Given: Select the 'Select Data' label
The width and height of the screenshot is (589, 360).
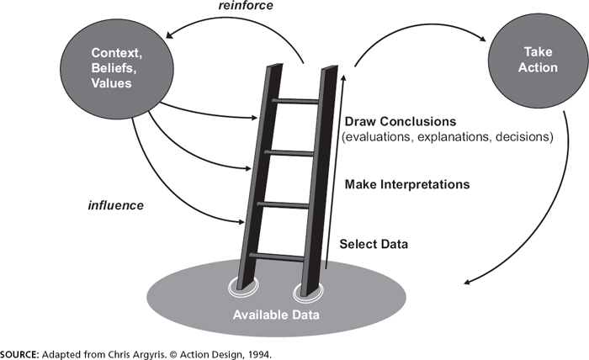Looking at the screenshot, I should click(x=374, y=245).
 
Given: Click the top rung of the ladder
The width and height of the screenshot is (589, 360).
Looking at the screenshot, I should click(x=294, y=101).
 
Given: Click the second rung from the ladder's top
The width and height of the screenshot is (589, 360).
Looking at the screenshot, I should click(x=289, y=153).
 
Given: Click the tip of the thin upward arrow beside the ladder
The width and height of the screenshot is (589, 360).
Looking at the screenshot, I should click(x=343, y=74).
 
